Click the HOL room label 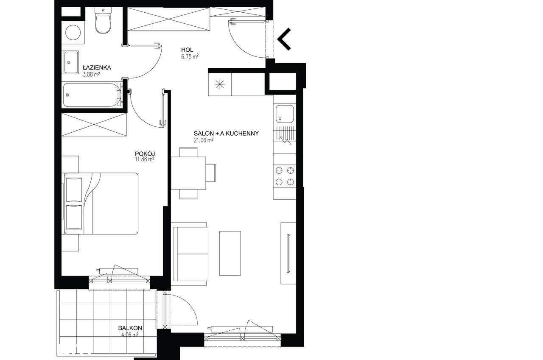click(x=187, y=50)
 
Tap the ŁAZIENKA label click(x=97, y=67)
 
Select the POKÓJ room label click(x=145, y=153)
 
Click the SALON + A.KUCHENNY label click(x=226, y=133)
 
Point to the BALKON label click(x=130, y=328)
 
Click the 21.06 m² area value click(x=203, y=140)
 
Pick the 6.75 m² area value click(x=190, y=56)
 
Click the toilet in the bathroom click(x=103, y=20)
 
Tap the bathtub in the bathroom click(x=92, y=95)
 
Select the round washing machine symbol click(x=73, y=33)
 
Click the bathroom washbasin click(x=71, y=62)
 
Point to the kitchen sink click(x=285, y=114)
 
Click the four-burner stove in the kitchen click(x=285, y=176)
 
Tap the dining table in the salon click(x=188, y=173)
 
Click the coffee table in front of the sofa click(x=230, y=253)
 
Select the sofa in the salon click(x=190, y=254)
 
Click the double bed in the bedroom click(x=101, y=204)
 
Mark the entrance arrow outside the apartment click(x=284, y=39)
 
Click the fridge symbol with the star click(x=220, y=84)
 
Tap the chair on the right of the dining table click(x=210, y=173)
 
